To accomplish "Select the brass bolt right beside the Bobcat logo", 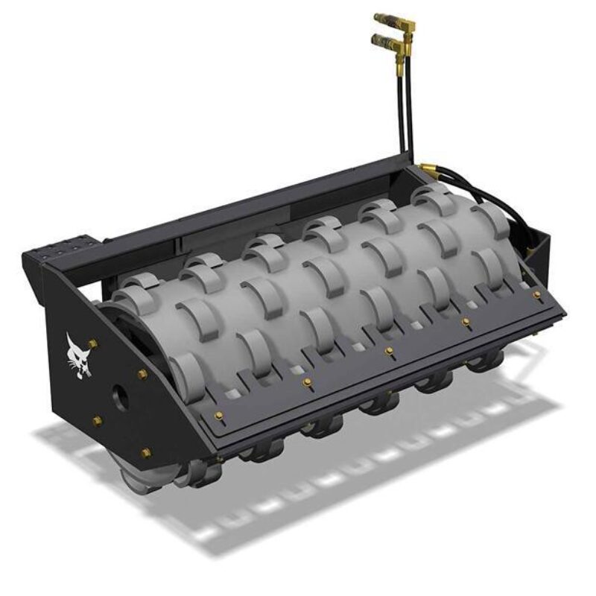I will (92, 343).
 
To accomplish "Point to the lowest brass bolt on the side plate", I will (146, 452).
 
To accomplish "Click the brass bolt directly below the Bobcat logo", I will (97, 421).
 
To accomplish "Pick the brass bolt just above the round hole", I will (142, 373).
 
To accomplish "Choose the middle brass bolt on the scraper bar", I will (388, 349).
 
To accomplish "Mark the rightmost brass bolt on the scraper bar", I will (536, 295).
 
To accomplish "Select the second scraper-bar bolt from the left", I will (306, 382).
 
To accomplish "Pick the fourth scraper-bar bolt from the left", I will (466, 322).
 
